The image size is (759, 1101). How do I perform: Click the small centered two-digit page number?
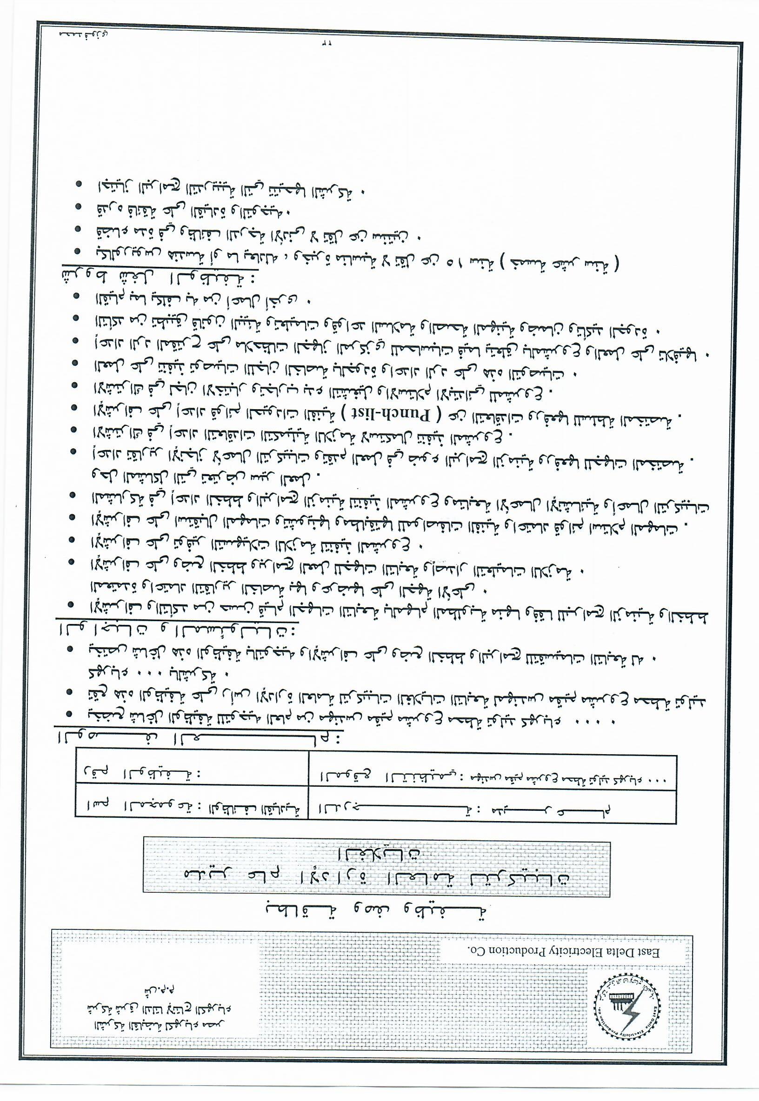pyautogui.click(x=326, y=45)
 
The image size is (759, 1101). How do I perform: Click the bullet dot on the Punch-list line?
pyautogui.click(x=76, y=408)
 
